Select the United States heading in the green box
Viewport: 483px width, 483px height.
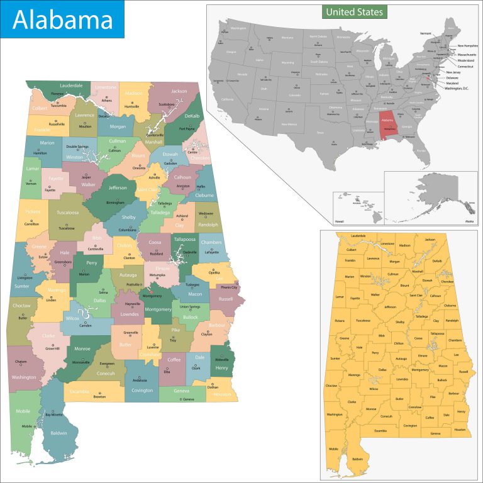tap(353, 12)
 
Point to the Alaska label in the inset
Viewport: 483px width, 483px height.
tap(469, 221)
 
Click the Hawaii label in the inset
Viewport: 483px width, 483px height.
tap(340, 221)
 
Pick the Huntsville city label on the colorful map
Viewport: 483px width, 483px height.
tap(132, 106)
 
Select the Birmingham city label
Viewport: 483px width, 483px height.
tap(115, 203)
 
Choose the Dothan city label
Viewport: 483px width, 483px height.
tap(213, 387)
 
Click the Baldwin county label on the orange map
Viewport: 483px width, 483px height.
tap(357, 459)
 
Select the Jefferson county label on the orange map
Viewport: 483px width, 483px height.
tap(390, 307)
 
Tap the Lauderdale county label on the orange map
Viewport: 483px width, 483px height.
tap(358, 236)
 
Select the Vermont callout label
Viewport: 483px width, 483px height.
tap(426, 33)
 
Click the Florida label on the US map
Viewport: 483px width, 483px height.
tap(421, 150)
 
